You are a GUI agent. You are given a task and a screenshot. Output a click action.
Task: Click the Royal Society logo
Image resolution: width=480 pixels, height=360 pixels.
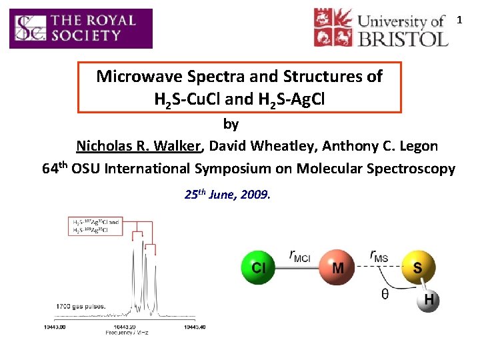coord(81,29)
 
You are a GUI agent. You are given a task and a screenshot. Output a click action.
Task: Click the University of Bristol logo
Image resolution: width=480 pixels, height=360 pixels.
coord(381,27)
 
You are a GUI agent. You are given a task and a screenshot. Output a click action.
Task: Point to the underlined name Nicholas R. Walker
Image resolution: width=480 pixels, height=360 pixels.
coord(139,146)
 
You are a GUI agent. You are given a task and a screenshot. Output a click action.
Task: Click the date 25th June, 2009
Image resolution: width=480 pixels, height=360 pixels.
coord(227,195)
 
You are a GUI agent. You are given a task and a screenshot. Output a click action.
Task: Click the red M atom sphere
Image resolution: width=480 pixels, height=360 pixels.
coord(338,267)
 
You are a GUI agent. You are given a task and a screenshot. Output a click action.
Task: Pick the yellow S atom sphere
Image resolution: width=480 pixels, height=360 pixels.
coord(418,267)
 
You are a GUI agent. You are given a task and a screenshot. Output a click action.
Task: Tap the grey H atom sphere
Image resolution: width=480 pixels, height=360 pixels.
coord(428,301)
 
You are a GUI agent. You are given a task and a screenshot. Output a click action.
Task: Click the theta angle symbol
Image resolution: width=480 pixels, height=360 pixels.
coord(386,293)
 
